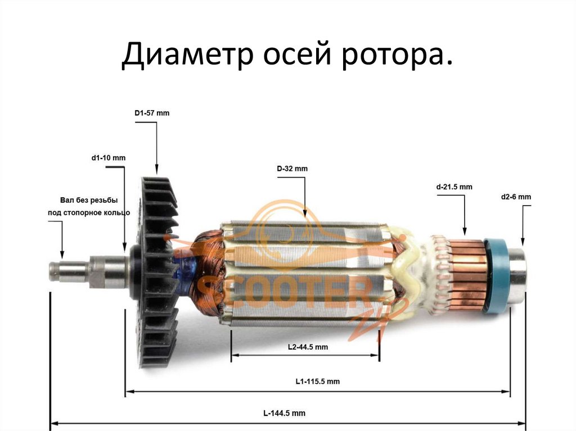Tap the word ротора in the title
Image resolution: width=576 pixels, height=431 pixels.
click(x=394, y=56)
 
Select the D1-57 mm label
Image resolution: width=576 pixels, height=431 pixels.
click(x=152, y=113)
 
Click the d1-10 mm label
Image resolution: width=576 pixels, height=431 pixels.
click(x=109, y=158)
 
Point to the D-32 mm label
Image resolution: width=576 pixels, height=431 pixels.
click(x=292, y=169)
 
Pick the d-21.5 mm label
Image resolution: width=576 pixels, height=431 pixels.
click(x=454, y=186)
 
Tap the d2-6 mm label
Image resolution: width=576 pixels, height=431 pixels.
click(x=516, y=197)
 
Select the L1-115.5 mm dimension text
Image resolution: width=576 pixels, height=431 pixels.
click(x=317, y=381)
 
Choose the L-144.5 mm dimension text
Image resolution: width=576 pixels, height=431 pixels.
click(x=285, y=414)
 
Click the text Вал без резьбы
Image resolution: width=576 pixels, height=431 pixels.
click(x=89, y=200)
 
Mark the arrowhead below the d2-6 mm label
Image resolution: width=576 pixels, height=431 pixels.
click(x=523, y=242)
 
